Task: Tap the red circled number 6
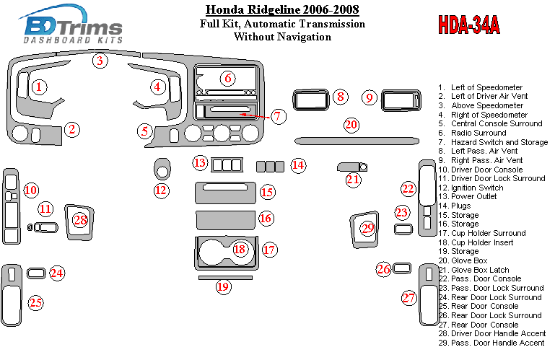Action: pos(227,78)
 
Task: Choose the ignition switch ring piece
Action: pos(162,172)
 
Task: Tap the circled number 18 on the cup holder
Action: pos(239,250)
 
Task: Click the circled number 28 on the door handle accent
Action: pos(80,219)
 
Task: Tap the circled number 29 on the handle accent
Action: pos(368,229)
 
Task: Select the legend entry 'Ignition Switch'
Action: pos(477,188)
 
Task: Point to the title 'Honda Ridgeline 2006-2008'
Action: pos(282,9)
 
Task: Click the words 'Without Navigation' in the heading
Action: pos(282,37)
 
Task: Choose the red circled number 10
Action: pos(30,190)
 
